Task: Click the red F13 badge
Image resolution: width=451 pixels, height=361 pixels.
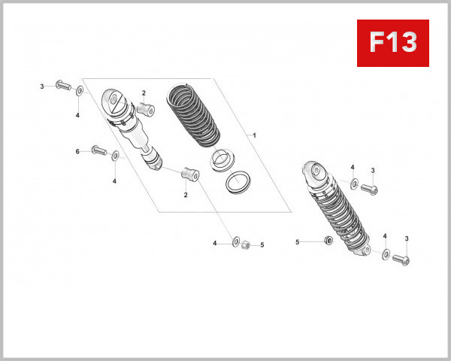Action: tap(393, 43)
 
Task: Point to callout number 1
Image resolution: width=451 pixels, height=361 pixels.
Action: tap(255, 135)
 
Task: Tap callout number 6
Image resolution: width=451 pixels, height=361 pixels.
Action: tap(77, 151)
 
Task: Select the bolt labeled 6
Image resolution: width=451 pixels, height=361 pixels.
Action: tap(98, 152)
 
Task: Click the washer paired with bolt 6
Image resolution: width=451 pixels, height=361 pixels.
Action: tap(115, 156)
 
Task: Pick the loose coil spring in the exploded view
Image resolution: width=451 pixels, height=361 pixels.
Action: tap(194, 114)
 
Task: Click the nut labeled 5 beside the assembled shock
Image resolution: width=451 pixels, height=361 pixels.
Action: tap(328, 241)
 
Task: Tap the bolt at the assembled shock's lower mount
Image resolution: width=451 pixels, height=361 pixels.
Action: tap(401, 259)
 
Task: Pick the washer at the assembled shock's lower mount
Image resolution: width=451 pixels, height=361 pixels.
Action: tap(386, 255)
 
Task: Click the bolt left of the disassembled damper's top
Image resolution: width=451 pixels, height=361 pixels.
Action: tap(61, 86)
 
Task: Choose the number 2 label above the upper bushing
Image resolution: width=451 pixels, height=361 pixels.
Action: tap(144, 93)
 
